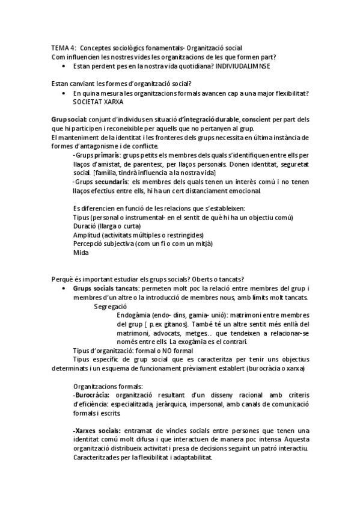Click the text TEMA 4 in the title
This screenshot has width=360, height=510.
click(63, 48)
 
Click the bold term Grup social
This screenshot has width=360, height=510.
click(69, 120)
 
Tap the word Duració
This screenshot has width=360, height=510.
click(85, 226)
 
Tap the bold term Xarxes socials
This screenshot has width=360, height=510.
click(97, 431)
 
